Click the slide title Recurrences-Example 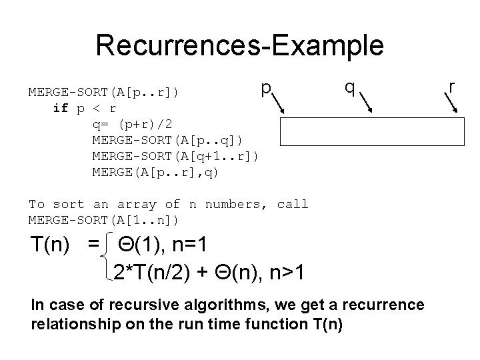click(x=239, y=46)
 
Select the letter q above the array click(x=349, y=87)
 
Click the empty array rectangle click(x=371, y=131)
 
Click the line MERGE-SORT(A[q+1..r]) click(x=175, y=156)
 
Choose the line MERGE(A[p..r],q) click(x=155, y=173)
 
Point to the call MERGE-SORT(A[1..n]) click(x=103, y=220)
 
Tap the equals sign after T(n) click(x=93, y=245)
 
